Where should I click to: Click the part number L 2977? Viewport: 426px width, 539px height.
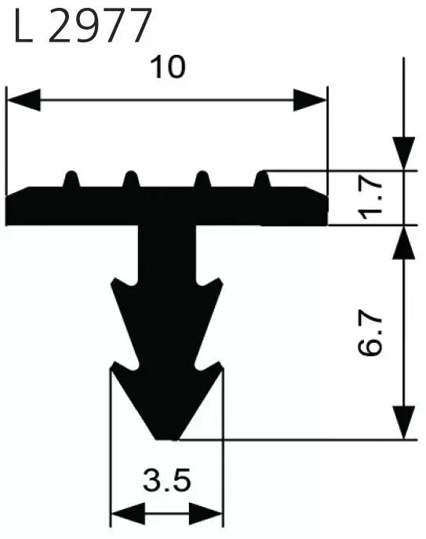[82, 25]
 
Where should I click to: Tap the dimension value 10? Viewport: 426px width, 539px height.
[168, 67]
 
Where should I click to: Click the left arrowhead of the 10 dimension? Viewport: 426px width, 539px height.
[24, 100]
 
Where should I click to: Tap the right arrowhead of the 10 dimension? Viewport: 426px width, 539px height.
[310, 100]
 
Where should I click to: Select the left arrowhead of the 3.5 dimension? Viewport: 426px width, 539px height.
[128, 514]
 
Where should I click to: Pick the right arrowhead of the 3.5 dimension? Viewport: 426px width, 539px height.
[206, 514]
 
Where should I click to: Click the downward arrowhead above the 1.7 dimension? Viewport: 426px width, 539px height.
[404, 153]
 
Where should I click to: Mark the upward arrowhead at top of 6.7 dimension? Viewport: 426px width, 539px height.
[404, 242]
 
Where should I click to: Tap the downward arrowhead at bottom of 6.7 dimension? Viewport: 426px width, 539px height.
[404, 422]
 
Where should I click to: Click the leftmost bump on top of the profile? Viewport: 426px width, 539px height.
[71, 179]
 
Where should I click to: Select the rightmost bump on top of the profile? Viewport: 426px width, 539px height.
[262, 179]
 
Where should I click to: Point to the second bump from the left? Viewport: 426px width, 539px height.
[131, 179]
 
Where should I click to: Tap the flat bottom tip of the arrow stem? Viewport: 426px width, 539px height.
[167, 439]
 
